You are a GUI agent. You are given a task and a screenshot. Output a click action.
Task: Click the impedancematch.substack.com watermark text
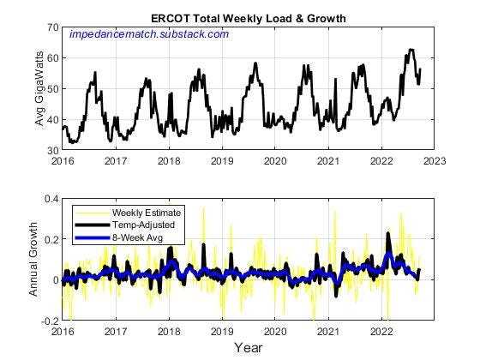tap(148, 34)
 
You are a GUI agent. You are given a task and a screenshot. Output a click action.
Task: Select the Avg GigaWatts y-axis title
tap(40, 89)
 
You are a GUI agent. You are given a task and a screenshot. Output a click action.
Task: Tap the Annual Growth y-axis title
tap(34, 260)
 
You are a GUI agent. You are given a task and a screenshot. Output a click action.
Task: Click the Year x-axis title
tap(249, 348)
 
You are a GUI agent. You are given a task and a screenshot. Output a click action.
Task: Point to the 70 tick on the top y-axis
tap(52, 27)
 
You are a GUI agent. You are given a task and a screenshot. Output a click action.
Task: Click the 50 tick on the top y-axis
tap(52, 88)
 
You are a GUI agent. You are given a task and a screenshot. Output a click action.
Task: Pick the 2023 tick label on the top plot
tap(433, 160)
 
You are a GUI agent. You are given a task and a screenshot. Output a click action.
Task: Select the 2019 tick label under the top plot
tap(222, 160)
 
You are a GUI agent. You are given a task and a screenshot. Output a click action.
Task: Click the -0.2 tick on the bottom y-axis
tap(49, 321)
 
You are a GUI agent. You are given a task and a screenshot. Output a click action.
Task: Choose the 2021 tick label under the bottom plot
tap(327, 331)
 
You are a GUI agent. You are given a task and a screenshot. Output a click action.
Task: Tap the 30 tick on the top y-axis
tap(52, 150)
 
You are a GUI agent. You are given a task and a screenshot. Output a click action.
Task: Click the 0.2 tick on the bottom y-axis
tap(51, 239)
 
